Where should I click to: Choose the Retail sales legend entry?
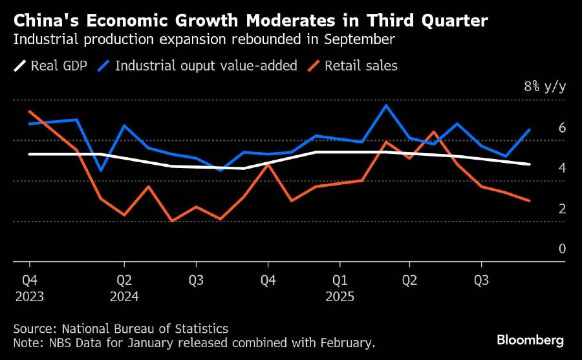pos(361,65)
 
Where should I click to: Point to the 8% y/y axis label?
pos(544,87)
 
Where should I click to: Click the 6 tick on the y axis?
pos(562,128)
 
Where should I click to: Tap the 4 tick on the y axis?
pos(562,168)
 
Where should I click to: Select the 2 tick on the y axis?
pos(562,209)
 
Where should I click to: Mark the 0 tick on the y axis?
pos(562,249)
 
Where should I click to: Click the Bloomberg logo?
pos(530,339)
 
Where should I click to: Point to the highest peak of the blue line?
pos(386,105)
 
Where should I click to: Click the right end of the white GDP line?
pos(530,164)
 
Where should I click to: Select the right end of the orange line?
pos(530,201)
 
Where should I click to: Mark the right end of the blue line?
pos(530,130)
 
